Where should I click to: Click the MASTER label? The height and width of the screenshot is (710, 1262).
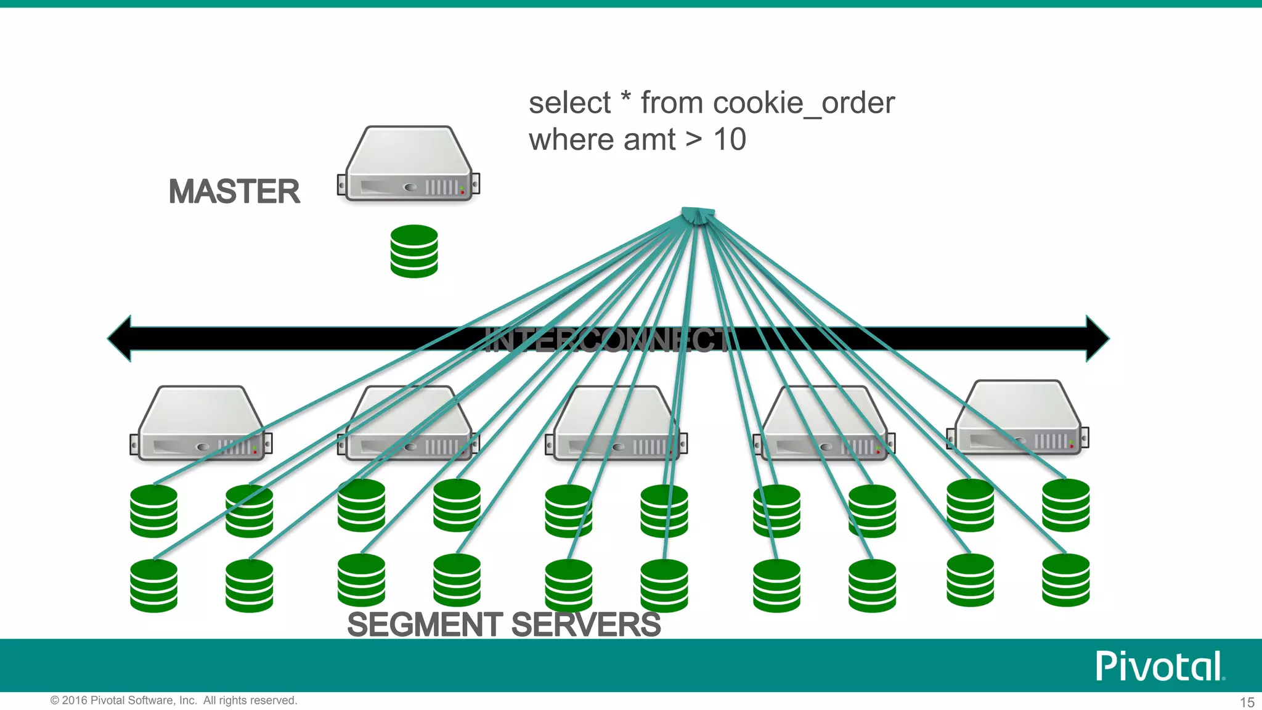tap(234, 191)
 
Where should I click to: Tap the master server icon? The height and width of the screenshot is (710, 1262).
tap(409, 165)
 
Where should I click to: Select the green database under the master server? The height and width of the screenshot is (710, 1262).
tap(414, 251)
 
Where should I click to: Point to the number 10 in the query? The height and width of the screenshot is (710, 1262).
tap(730, 140)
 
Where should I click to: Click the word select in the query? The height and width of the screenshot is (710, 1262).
tap(569, 103)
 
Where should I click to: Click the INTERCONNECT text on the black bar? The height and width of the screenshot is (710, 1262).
tap(607, 340)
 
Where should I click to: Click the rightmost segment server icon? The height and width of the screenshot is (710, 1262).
tap(1018, 419)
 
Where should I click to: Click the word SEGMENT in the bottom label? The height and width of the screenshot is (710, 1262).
tap(425, 624)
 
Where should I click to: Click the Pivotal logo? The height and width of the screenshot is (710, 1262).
tap(1159, 666)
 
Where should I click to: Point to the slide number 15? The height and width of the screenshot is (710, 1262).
tap(1247, 702)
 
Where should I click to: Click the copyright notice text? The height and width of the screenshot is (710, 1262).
tap(174, 701)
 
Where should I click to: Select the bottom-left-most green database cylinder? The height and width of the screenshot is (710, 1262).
tap(154, 586)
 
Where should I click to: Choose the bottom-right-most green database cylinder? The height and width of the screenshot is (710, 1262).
tap(1065, 580)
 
